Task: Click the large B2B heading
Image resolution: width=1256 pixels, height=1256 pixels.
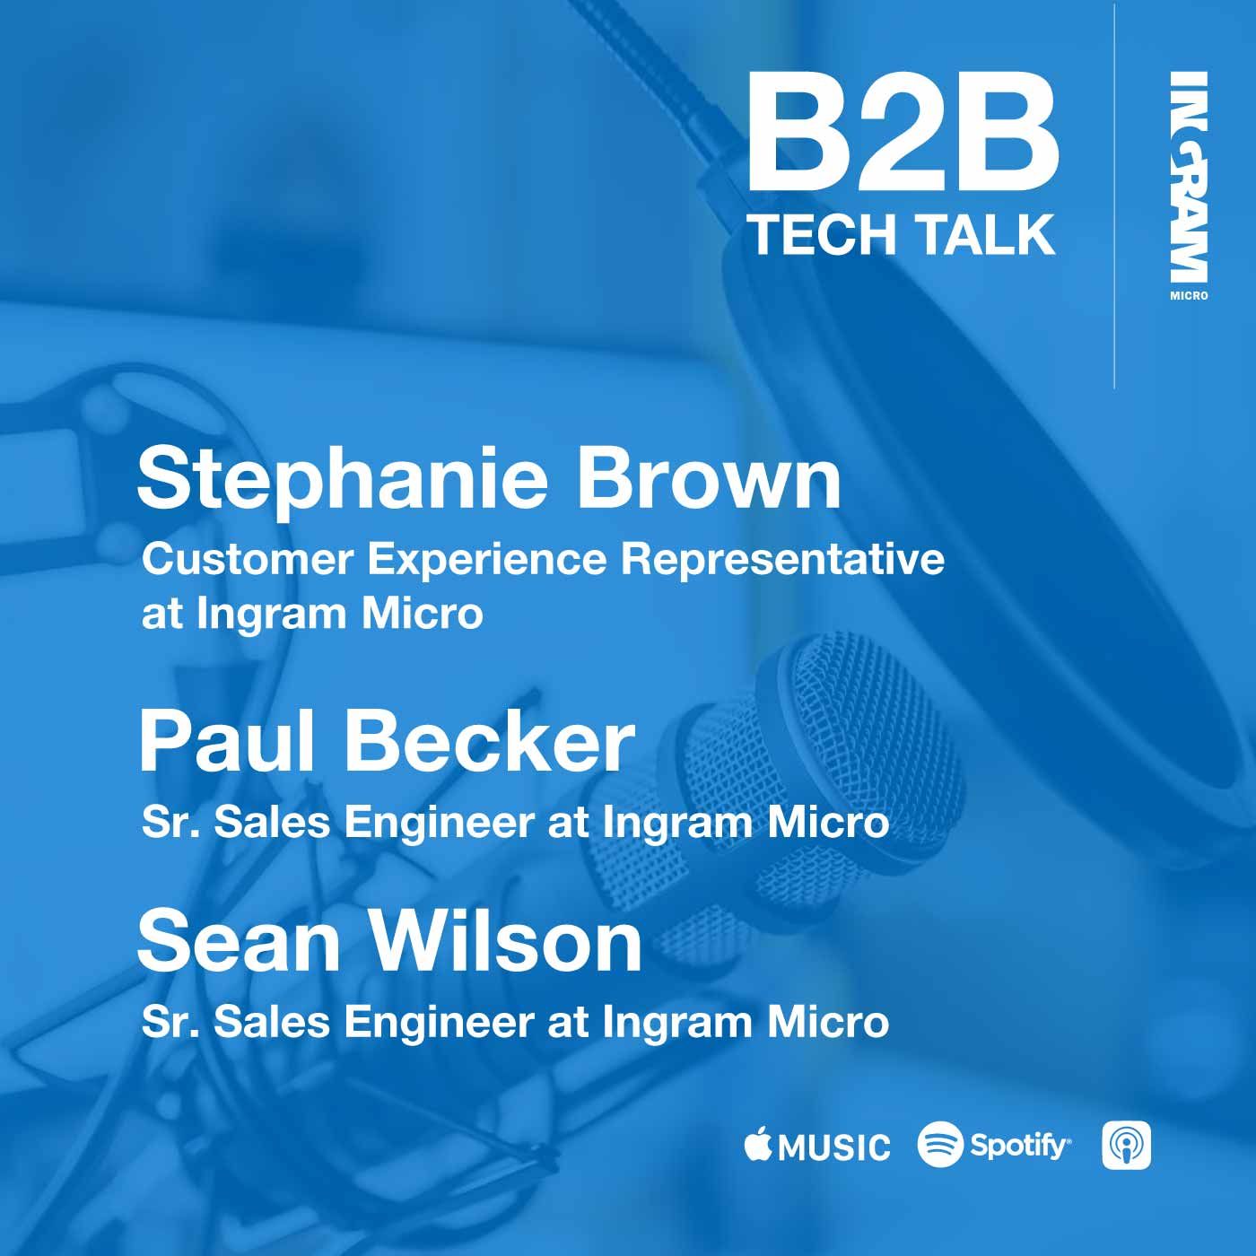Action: pyautogui.click(x=903, y=131)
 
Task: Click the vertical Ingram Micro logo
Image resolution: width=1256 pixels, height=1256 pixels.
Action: pyautogui.click(x=1188, y=186)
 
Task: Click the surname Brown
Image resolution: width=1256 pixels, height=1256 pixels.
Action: pyautogui.click(x=710, y=479)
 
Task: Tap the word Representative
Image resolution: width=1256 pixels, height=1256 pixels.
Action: pyautogui.click(x=782, y=560)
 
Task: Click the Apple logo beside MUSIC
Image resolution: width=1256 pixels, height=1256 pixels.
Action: pyautogui.click(x=758, y=1145)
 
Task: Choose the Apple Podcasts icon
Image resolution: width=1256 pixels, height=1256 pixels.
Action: pyautogui.click(x=1126, y=1145)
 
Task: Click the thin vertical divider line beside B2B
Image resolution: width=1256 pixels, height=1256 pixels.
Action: pyautogui.click(x=1114, y=195)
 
